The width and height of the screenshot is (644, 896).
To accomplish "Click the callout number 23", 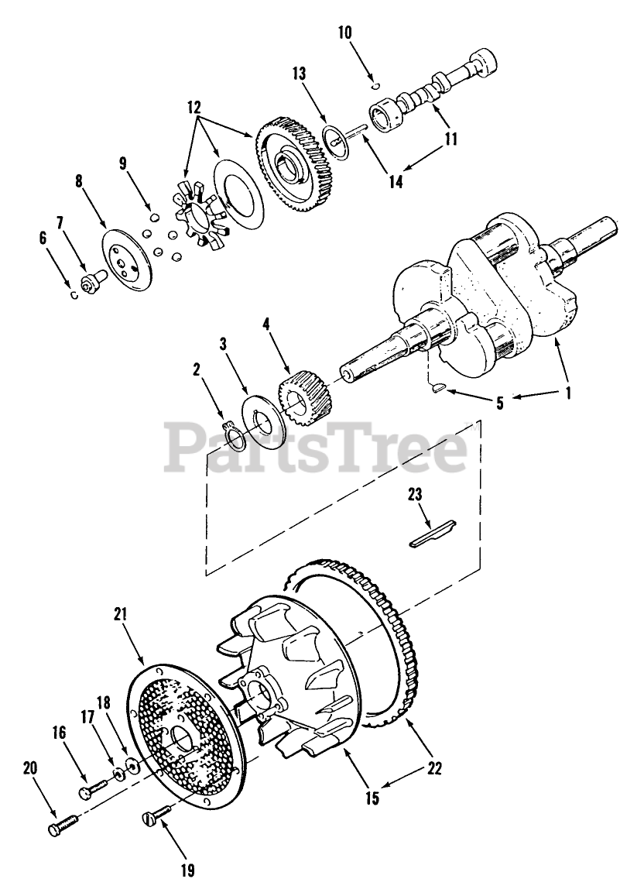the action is click(x=416, y=493).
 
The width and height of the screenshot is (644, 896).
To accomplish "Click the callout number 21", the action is click(x=141, y=615).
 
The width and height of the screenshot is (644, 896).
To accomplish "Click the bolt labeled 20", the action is click(x=60, y=828).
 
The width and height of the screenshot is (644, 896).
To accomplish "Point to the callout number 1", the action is click(x=569, y=393).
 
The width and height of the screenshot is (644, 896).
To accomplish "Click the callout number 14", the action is click(x=396, y=183).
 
